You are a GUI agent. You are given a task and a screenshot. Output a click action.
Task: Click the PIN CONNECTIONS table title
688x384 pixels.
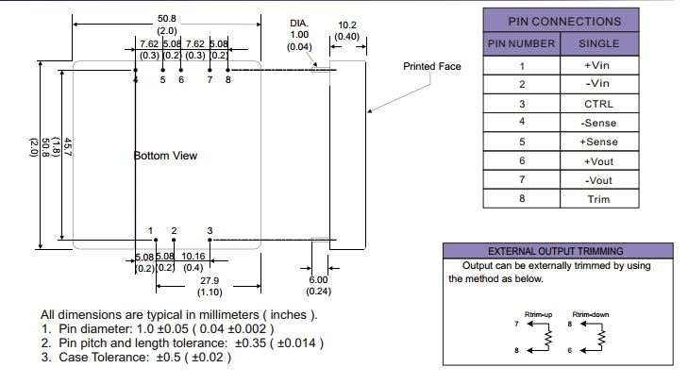pyautogui.click(x=564, y=21)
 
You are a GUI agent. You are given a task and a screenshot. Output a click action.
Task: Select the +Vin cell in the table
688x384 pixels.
pyautogui.click(x=600, y=66)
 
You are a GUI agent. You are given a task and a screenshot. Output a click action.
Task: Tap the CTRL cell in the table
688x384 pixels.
pyautogui.click(x=600, y=104)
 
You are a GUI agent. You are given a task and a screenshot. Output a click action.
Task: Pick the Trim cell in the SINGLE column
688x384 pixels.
pyautogui.click(x=600, y=199)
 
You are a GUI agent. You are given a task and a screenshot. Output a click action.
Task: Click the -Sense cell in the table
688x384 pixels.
pyautogui.click(x=600, y=124)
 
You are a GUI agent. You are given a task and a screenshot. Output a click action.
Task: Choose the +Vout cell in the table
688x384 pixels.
pyautogui.click(x=600, y=161)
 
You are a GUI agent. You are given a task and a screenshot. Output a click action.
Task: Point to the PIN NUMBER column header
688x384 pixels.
pyautogui.click(x=522, y=43)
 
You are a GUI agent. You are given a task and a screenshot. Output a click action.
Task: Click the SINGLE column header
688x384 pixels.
pyautogui.click(x=600, y=43)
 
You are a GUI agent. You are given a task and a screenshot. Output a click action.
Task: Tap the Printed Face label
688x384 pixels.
pyautogui.click(x=432, y=67)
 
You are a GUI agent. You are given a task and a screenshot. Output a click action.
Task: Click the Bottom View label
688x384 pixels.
pyautogui.click(x=165, y=156)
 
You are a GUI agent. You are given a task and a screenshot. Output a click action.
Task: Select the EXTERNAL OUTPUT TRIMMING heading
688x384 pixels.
pyautogui.click(x=555, y=252)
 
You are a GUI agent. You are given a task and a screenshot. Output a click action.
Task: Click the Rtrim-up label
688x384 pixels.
pyautogui.click(x=537, y=313)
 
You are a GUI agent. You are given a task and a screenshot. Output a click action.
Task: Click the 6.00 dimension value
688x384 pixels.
pyautogui.click(x=318, y=280)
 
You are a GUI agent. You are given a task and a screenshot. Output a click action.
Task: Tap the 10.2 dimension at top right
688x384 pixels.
pyautogui.click(x=346, y=25)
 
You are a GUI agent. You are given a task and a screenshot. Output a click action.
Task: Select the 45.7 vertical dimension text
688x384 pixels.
pyautogui.click(x=68, y=152)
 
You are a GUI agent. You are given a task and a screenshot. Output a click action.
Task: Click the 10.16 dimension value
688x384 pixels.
pyautogui.click(x=193, y=256)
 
